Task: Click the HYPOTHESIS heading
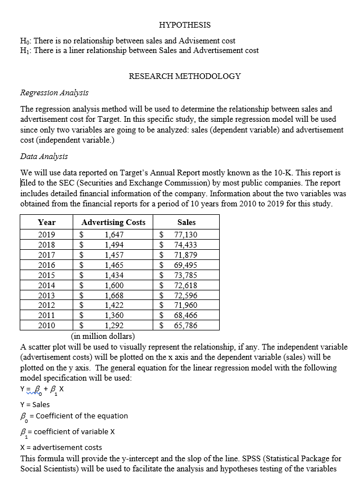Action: (185, 25)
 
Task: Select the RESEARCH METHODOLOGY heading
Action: (185, 76)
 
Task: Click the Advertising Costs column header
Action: (113, 222)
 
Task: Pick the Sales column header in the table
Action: (186, 222)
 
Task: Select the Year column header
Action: (47, 222)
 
